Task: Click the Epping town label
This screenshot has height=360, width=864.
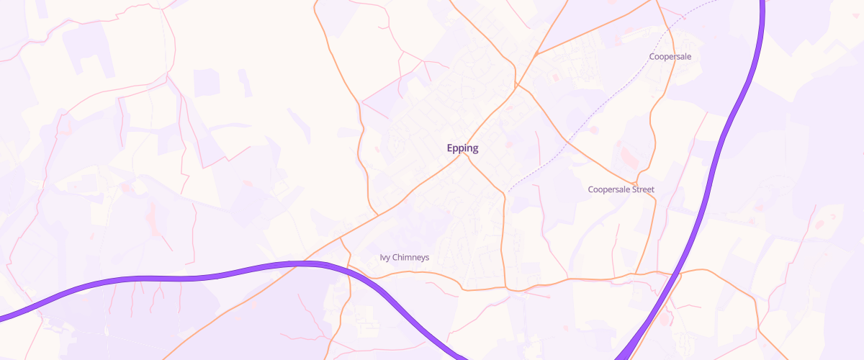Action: (462, 148)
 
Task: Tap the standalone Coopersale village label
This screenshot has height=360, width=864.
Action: (670, 56)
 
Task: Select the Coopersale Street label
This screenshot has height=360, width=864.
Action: (621, 189)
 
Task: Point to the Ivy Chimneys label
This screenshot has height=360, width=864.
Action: (404, 257)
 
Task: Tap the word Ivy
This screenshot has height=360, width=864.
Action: (384, 257)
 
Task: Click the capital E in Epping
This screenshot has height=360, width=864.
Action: (450, 148)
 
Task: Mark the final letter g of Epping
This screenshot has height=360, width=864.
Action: (475, 149)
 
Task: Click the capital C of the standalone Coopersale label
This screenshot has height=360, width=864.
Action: (652, 56)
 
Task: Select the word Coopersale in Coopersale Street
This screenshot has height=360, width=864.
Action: (610, 189)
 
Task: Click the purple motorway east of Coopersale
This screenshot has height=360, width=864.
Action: (749, 79)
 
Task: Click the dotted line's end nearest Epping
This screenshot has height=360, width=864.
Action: (508, 192)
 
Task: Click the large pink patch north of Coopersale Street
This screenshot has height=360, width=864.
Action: (624, 156)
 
